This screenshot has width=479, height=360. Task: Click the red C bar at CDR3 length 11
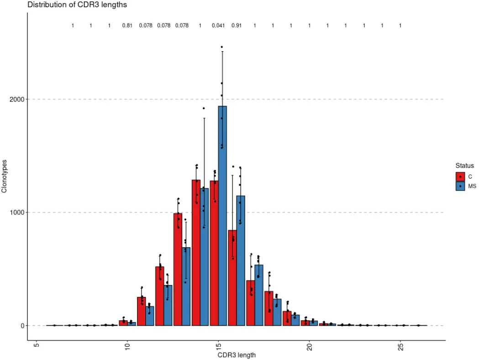coord(141,311)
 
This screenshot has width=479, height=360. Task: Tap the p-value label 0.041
coord(218,26)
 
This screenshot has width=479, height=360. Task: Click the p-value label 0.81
coord(127,26)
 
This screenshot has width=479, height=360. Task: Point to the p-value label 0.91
coord(237,26)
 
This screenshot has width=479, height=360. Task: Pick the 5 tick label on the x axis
coord(36,347)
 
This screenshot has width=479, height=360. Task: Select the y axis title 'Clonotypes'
coord(5,176)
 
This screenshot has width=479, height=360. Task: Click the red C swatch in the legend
coord(460,176)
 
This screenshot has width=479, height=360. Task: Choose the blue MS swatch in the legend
coord(460,186)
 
